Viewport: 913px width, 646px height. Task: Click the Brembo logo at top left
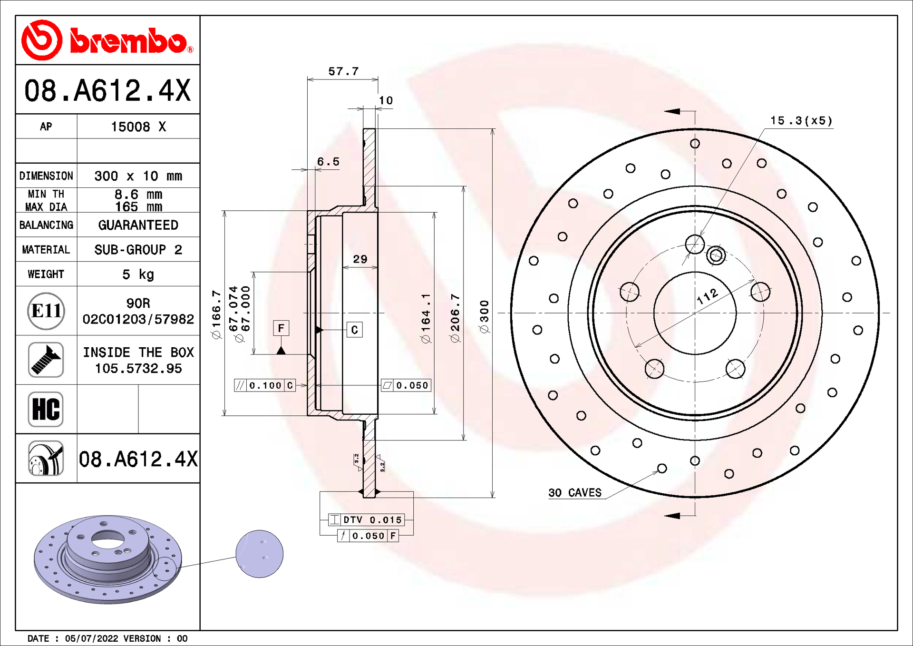(x=107, y=40)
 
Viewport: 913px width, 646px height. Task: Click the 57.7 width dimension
(x=343, y=71)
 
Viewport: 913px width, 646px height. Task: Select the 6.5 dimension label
(x=328, y=162)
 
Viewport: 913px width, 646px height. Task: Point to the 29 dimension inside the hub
(x=360, y=259)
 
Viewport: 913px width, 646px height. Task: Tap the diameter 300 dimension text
(x=485, y=317)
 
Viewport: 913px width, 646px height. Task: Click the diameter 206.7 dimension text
(x=455, y=318)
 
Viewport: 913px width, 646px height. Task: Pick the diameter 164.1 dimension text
(x=426, y=318)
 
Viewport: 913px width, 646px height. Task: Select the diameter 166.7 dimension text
(x=216, y=314)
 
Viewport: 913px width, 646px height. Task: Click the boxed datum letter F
(x=281, y=328)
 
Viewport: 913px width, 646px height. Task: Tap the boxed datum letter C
(x=354, y=330)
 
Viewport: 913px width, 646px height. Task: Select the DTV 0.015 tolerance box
(x=367, y=520)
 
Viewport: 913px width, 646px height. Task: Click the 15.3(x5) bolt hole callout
(x=801, y=121)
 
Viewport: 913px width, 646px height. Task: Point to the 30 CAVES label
(x=574, y=493)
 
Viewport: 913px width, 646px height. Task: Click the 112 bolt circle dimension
(x=707, y=296)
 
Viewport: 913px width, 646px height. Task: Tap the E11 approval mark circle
(x=46, y=311)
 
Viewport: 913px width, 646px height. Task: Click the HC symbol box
(x=46, y=409)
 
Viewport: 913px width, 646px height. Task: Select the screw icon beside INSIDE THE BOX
(x=46, y=360)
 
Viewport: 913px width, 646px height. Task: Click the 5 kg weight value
(x=138, y=274)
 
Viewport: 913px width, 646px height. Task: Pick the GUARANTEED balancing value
(x=138, y=225)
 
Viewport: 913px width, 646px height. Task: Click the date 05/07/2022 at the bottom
(x=91, y=638)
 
